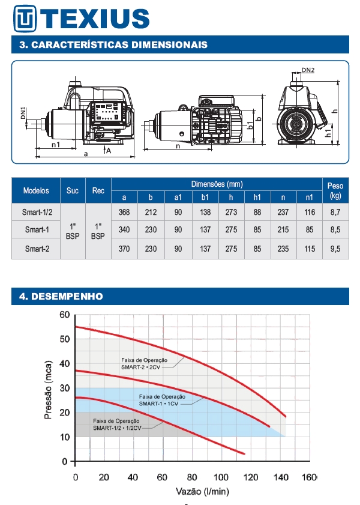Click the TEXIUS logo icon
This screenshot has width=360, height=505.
[25, 19]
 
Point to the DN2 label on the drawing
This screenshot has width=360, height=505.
[308, 70]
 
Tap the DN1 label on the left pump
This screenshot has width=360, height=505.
[23, 113]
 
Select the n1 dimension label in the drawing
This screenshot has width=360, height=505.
[56, 145]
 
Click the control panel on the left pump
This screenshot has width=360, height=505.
[108, 115]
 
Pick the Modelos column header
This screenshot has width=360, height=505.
[36, 190]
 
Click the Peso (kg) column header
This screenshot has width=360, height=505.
[335, 190]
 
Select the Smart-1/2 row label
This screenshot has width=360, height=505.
[37, 212]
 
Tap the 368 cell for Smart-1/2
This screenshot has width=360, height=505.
[124, 212]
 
